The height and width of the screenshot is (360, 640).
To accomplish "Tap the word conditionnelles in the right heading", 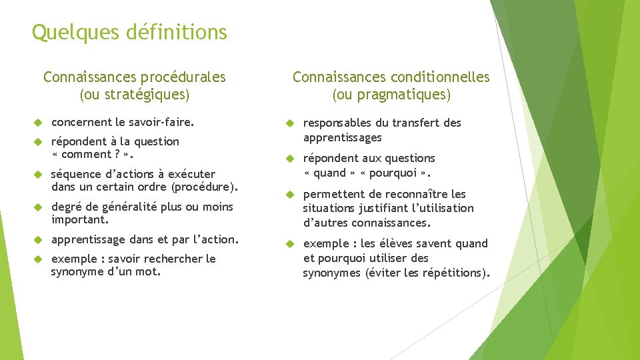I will coord(440,77).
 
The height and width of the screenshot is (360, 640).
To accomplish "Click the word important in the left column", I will coord(78,219).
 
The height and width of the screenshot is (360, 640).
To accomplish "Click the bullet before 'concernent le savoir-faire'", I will coord(39,123).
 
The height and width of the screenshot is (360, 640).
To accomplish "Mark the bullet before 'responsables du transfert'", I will coord(290,123).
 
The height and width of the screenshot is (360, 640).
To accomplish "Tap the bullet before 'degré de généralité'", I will coord(39,207).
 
